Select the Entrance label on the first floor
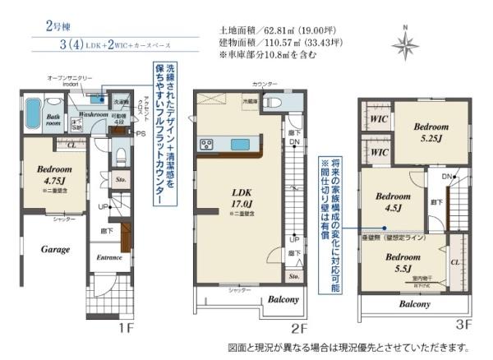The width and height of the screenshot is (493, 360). (x=109, y=258)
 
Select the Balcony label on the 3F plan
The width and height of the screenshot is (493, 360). (x=414, y=304)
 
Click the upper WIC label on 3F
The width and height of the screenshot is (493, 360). (x=378, y=118)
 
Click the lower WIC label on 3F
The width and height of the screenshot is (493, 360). (x=378, y=153)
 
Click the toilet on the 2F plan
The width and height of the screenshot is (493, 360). (x=274, y=102)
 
